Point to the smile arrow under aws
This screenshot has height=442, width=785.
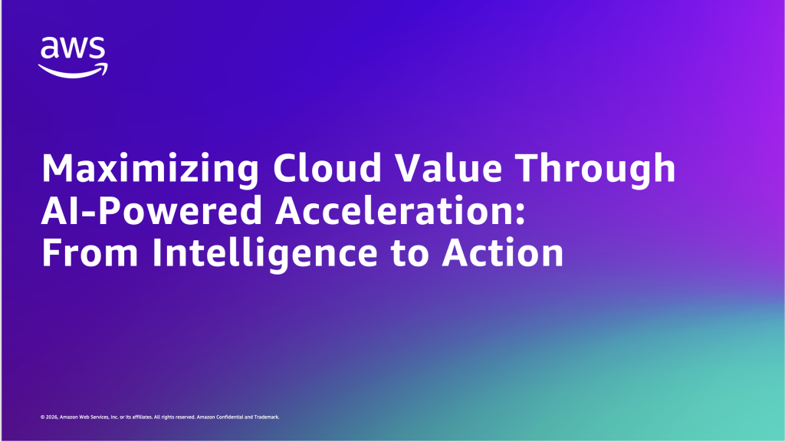point(74,70)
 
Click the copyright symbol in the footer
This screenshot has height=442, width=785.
point(42,417)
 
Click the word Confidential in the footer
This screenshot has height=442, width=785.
point(226,417)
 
